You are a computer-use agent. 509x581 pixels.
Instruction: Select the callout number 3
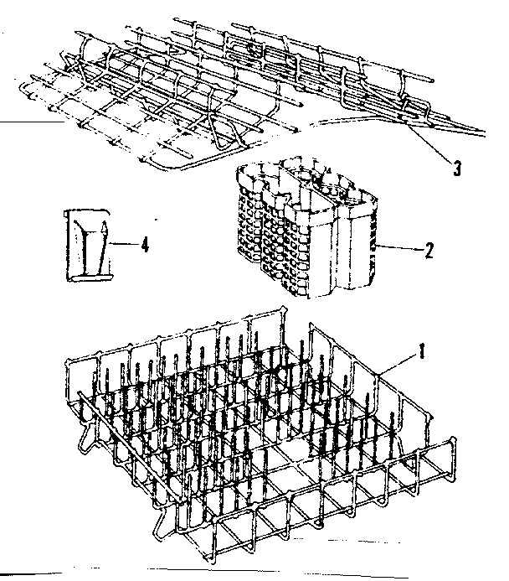point(456,167)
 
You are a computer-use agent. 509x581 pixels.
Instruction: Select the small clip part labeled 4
point(87,242)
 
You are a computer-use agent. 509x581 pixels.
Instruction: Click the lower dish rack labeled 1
point(260,428)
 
